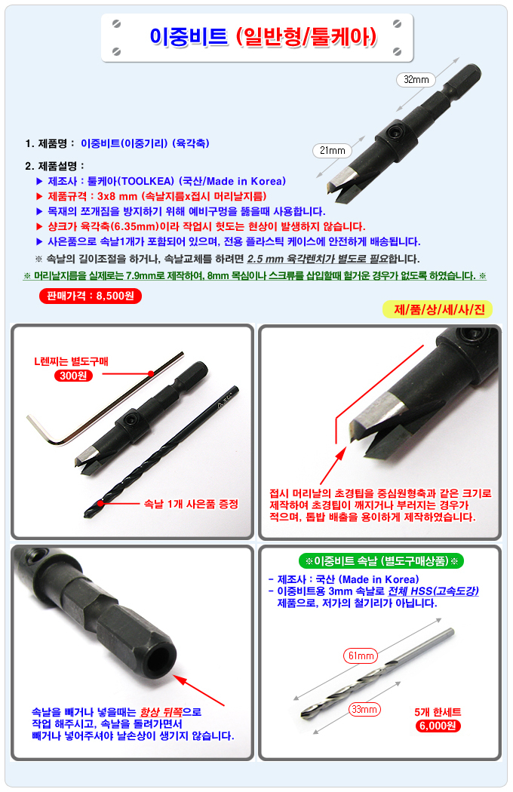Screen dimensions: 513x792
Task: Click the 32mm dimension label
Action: coord(416,79)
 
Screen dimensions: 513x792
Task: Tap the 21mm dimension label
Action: coord(332,150)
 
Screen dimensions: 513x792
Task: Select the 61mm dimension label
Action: coord(361,655)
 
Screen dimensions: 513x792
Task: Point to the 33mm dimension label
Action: coord(364,709)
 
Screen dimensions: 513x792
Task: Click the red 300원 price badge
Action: coord(73,376)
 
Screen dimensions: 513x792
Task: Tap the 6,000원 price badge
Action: coord(438,726)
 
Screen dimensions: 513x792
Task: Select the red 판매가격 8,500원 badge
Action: coord(91,296)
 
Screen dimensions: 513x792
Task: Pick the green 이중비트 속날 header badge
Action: coord(381,560)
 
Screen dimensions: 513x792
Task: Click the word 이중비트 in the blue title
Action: coord(189,37)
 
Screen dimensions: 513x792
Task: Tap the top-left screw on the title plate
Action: coord(116,23)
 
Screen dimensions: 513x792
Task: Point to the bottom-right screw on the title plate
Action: coord(398,51)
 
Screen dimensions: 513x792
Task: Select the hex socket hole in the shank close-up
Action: coord(161,660)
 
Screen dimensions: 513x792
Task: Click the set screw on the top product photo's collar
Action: coord(393,132)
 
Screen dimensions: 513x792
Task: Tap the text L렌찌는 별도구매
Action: coord(71,361)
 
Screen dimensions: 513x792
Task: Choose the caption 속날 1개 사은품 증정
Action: coord(191,504)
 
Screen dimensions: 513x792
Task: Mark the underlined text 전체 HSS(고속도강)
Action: coord(433,591)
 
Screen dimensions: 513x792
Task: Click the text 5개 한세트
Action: coord(438,712)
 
